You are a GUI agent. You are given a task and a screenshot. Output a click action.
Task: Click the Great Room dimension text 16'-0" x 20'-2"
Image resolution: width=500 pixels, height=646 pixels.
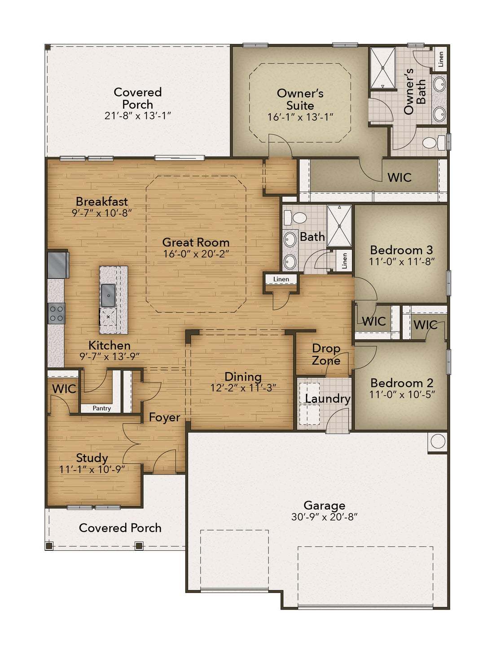196,254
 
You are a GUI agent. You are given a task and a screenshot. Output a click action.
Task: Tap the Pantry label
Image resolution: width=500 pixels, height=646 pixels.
101,408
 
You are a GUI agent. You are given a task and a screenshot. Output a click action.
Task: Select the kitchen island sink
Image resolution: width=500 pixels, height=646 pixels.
108,295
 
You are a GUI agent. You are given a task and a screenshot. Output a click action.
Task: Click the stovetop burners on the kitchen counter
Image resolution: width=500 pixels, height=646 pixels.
57,314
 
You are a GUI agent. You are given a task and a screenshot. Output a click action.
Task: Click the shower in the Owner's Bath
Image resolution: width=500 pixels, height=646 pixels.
383,68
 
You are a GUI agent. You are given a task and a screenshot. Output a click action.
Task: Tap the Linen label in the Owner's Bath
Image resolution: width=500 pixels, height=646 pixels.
441,59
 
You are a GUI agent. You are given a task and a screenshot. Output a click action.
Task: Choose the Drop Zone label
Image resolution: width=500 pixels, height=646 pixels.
326,354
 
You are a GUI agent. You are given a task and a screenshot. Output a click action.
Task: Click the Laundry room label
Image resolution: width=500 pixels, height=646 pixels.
328,399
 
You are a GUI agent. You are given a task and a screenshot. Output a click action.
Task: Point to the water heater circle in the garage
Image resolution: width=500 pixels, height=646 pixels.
438,441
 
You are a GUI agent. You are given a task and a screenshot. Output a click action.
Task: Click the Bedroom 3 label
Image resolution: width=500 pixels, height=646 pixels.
401,250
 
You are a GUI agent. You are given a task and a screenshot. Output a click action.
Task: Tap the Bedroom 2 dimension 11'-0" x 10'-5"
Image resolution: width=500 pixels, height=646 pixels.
402,394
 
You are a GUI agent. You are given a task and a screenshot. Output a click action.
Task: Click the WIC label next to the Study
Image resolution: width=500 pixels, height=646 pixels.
64,389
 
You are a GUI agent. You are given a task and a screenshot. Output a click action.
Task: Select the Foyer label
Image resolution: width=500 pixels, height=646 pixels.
164,417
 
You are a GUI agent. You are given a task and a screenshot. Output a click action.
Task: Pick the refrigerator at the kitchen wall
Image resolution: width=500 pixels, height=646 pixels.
58,264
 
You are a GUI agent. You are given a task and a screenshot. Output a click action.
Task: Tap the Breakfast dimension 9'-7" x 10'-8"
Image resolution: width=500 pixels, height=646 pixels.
101,213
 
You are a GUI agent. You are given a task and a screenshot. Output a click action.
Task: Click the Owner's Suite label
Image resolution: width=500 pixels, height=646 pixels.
300,99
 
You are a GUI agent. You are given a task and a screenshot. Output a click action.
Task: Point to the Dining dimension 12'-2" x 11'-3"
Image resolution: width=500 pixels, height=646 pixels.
243,388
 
